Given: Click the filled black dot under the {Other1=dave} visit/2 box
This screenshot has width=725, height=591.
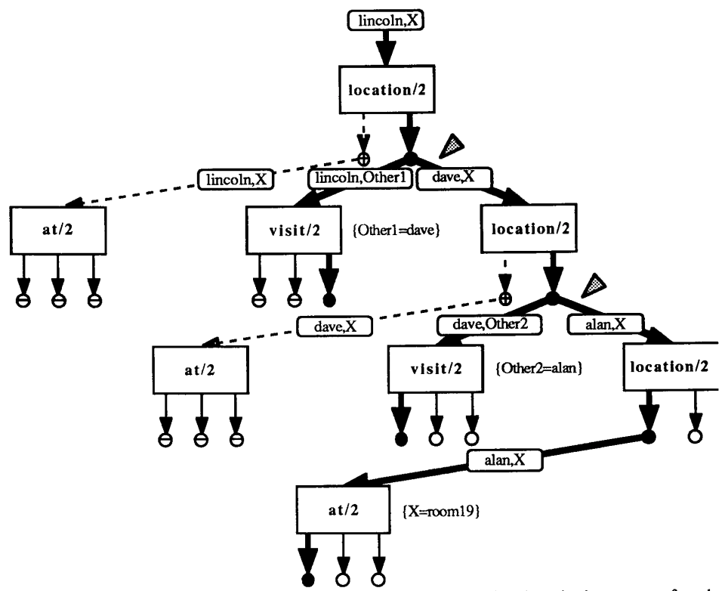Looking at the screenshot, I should (328, 300).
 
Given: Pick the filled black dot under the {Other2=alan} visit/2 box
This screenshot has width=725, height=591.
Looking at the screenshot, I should (400, 438).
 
